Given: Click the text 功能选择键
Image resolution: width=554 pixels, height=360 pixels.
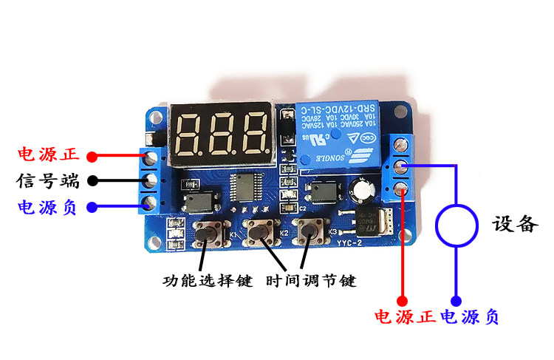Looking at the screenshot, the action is [208, 281].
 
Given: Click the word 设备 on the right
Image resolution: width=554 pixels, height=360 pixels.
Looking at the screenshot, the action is [515, 224].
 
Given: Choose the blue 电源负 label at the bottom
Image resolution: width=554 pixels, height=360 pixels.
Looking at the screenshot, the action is [470, 318].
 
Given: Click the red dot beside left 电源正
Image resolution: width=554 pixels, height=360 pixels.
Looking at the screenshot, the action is [92, 156].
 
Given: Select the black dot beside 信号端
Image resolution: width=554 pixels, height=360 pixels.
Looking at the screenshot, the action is [92, 180].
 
